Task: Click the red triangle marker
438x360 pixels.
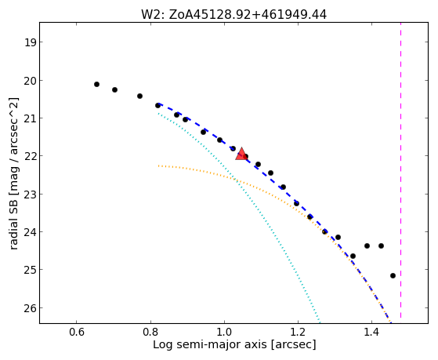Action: click(241, 155)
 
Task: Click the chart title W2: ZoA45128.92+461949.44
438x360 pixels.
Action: click(233, 15)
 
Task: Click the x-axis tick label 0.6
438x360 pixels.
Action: click(76, 333)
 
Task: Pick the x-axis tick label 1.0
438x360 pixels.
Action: click(224, 333)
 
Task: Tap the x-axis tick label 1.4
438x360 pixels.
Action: click(371, 333)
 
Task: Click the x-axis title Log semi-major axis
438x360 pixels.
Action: click(210, 344)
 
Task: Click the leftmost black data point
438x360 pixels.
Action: click(96, 84)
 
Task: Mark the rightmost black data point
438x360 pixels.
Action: click(393, 275)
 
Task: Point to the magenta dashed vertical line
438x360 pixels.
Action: click(401, 171)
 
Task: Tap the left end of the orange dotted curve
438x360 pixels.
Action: click(158, 165)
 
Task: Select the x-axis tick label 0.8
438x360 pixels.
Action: click(150, 333)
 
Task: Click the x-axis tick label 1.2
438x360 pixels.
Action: click(298, 333)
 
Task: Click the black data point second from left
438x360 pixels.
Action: click(114, 89)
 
